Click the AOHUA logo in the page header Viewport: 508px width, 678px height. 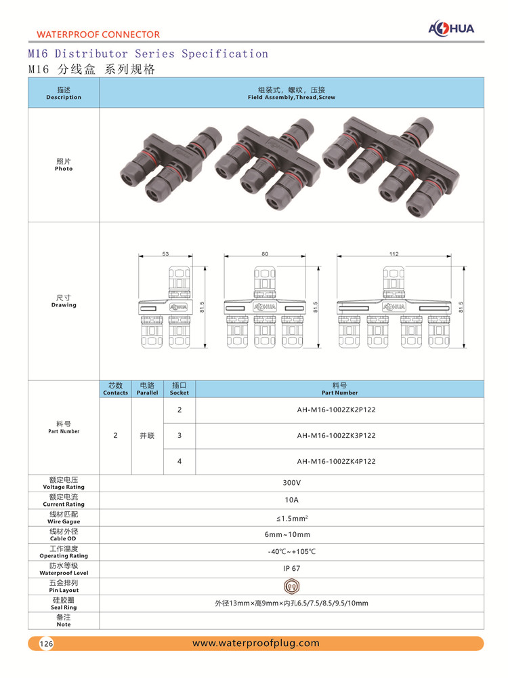point(451,28)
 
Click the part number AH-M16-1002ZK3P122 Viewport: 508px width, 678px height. point(336,436)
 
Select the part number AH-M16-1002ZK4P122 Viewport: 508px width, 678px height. point(336,461)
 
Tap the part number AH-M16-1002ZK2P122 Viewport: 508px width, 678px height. point(336,410)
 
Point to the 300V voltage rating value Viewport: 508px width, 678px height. point(291,483)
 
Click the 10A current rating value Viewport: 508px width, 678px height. point(291,500)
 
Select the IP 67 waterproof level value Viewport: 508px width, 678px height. point(291,569)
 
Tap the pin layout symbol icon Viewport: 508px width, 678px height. point(292,586)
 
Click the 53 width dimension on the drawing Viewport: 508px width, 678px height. point(165,254)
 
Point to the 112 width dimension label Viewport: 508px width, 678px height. point(394,254)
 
